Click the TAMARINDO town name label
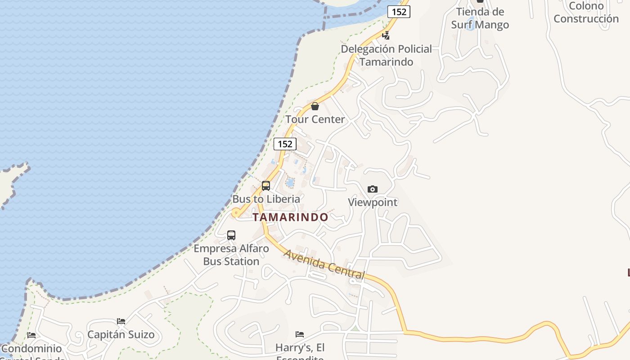click(290, 217)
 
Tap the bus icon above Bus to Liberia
click(266, 185)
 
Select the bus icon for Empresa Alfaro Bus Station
click(231, 235)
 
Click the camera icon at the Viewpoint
click(373, 189)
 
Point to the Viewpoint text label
click(373, 202)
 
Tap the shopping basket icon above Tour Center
click(315, 106)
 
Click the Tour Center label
click(315, 119)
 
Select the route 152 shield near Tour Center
click(285, 144)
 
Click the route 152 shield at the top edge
click(399, 12)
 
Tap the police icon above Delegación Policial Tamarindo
click(386, 35)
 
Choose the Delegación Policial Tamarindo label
click(386, 55)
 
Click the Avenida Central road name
click(324, 264)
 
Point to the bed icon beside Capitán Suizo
click(121, 321)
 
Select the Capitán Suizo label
click(121, 334)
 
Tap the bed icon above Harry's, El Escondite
click(300, 334)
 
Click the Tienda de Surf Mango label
click(480, 18)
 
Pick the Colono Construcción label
click(586, 12)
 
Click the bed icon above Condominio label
click(31, 335)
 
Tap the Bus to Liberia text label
click(266, 198)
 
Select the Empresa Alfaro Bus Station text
click(231, 255)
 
